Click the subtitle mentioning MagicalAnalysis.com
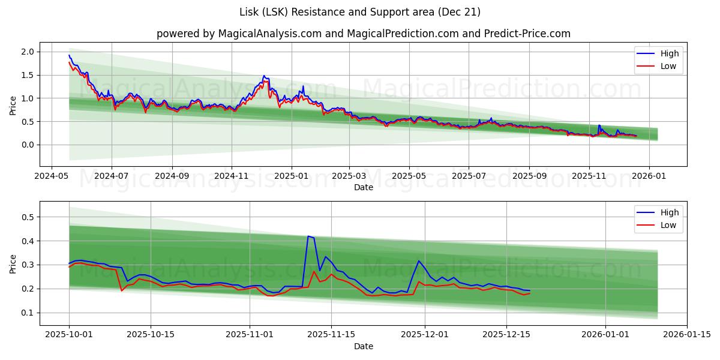[x=364, y=34]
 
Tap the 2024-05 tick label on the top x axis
[x=51, y=176]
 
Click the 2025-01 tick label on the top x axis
[x=292, y=176]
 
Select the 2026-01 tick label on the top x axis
[x=649, y=176]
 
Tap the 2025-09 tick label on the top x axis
[x=529, y=176]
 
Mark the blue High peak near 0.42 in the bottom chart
[x=308, y=236]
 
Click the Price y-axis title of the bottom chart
[x=13, y=263]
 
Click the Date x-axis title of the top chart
[x=364, y=187]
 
